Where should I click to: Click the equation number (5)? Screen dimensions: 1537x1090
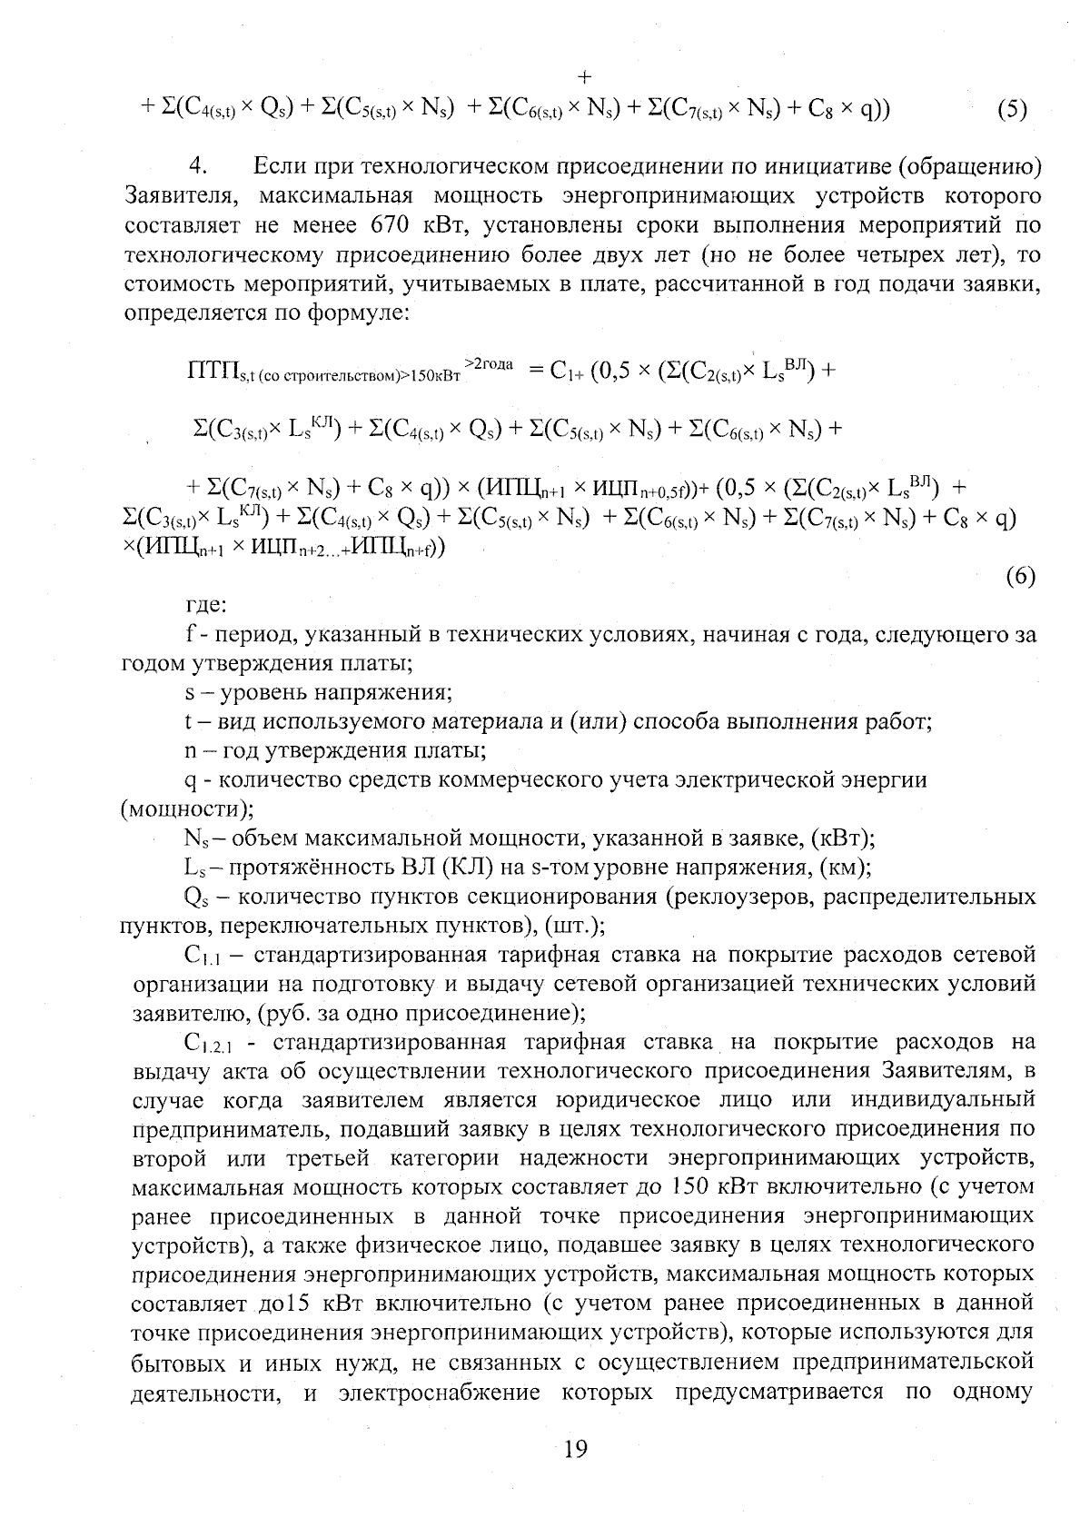pyautogui.click(x=1012, y=110)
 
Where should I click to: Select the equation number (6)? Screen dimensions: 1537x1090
pyautogui.click(x=1021, y=578)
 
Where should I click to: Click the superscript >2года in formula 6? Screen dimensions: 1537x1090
pyautogui.click(x=489, y=363)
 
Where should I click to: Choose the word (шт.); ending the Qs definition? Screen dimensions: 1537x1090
pyautogui.click(x=576, y=926)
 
